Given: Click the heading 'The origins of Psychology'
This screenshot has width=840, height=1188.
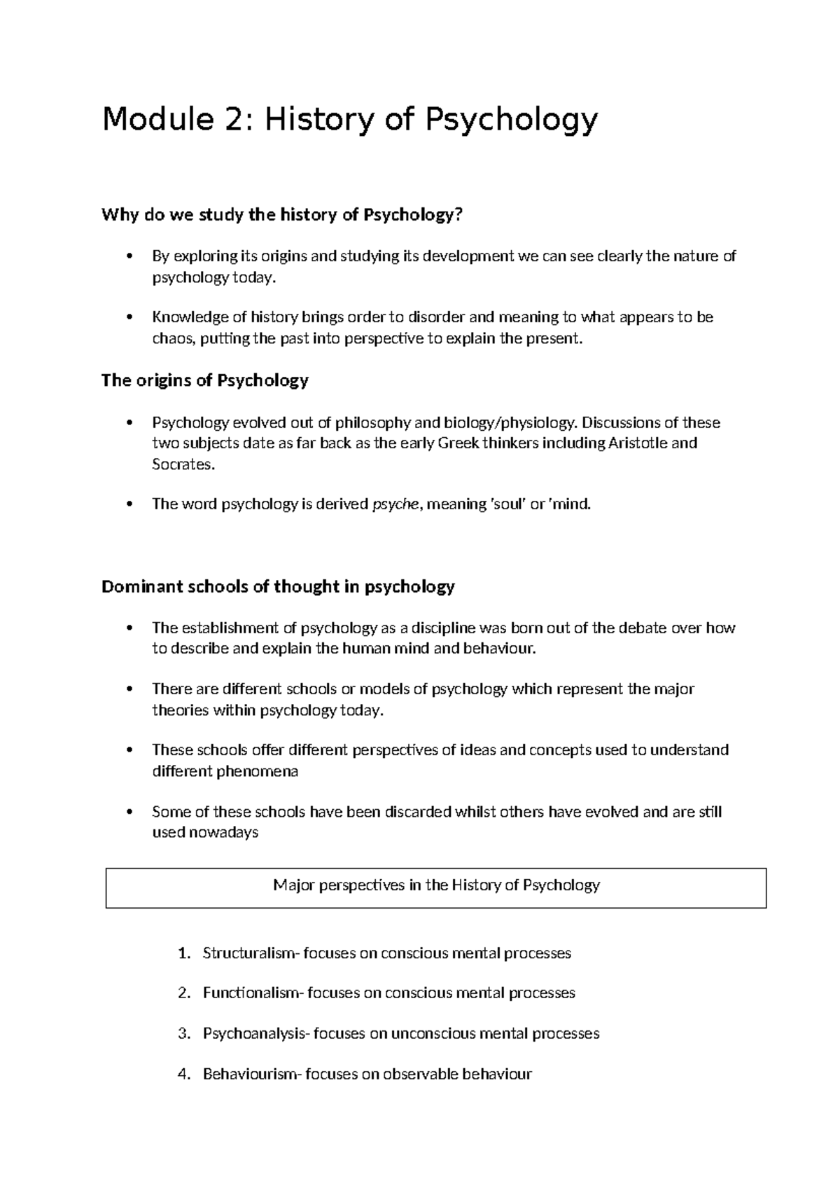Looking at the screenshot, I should [x=204, y=380].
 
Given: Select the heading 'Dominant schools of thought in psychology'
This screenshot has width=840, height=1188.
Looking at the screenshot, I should [x=278, y=586].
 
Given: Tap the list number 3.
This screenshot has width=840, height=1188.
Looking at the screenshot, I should [x=183, y=1034].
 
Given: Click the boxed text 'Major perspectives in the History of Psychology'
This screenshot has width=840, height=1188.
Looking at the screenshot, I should [x=436, y=885].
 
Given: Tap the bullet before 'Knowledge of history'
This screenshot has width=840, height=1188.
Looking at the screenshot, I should [x=128, y=317].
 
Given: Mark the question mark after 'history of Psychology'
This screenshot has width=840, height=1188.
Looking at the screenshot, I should [x=459, y=215].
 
